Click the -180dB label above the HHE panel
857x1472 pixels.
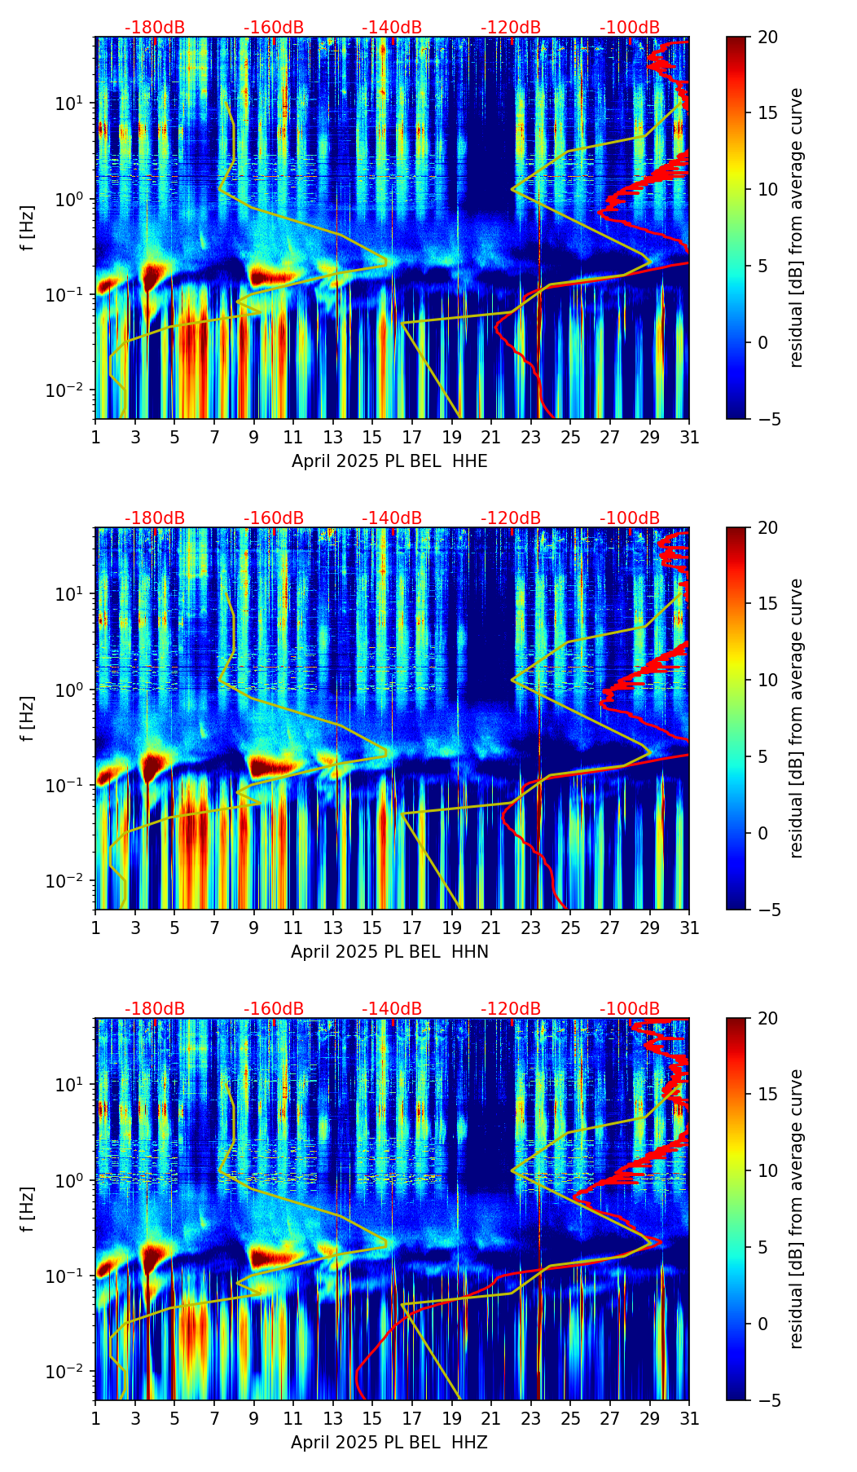click(155, 28)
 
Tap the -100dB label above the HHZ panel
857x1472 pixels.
click(630, 1009)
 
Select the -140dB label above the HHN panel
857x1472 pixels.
click(392, 518)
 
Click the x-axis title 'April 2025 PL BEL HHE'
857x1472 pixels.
click(389, 461)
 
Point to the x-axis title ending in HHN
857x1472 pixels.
click(389, 952)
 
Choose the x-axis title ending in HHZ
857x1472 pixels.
click(389, 1443)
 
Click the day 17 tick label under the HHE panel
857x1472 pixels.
click(412, 438)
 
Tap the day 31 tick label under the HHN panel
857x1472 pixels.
click(689, 928)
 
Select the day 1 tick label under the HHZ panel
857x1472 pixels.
click(96, 1419)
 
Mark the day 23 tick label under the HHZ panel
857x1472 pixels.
click(531, 1419)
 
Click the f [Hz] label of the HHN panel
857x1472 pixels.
click(27, 718)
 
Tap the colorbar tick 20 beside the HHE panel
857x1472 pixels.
click(767, 37)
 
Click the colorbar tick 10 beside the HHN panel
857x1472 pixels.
click(767, 680)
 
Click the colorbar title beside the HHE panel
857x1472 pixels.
click(796, 227)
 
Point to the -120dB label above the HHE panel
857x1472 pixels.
click(511, 28)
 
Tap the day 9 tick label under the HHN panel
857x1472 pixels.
click(254, 928)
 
